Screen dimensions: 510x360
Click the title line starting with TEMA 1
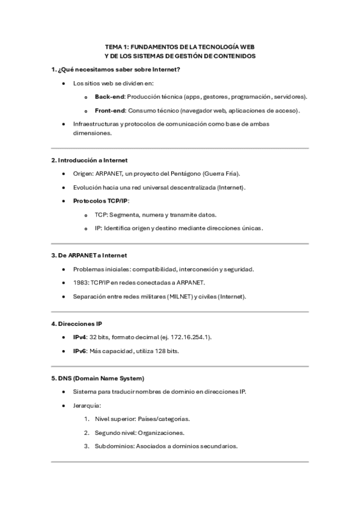tap(180, 46)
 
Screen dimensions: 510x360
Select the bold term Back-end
tap(109, 97)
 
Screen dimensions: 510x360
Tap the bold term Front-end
tap(111, 111)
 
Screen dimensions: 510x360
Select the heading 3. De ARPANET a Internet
tap(89, 256)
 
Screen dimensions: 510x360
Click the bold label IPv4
tap(80, 337)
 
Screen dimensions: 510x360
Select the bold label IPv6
tap(80, 351)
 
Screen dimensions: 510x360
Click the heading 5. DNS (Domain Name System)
tap(97, 378)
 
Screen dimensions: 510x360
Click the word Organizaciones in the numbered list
tap(161, 432)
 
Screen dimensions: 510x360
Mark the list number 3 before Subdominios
tap(87, 446)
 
